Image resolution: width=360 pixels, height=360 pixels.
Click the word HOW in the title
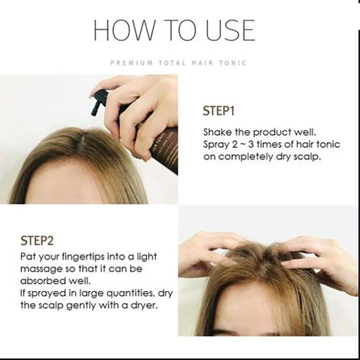point(123,30)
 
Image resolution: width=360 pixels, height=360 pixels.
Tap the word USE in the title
point(230,30)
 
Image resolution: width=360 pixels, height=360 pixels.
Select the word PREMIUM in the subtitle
point(132,63)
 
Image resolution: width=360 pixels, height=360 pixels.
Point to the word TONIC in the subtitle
point(232,63)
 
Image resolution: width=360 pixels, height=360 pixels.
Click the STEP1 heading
point(219,111)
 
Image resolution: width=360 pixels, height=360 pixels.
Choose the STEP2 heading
point(37,241)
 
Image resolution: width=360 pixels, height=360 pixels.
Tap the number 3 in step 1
point(251,145)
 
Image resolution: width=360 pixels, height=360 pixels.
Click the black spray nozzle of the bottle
point(100,102)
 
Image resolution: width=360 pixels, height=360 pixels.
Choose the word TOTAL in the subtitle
point(172,63)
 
